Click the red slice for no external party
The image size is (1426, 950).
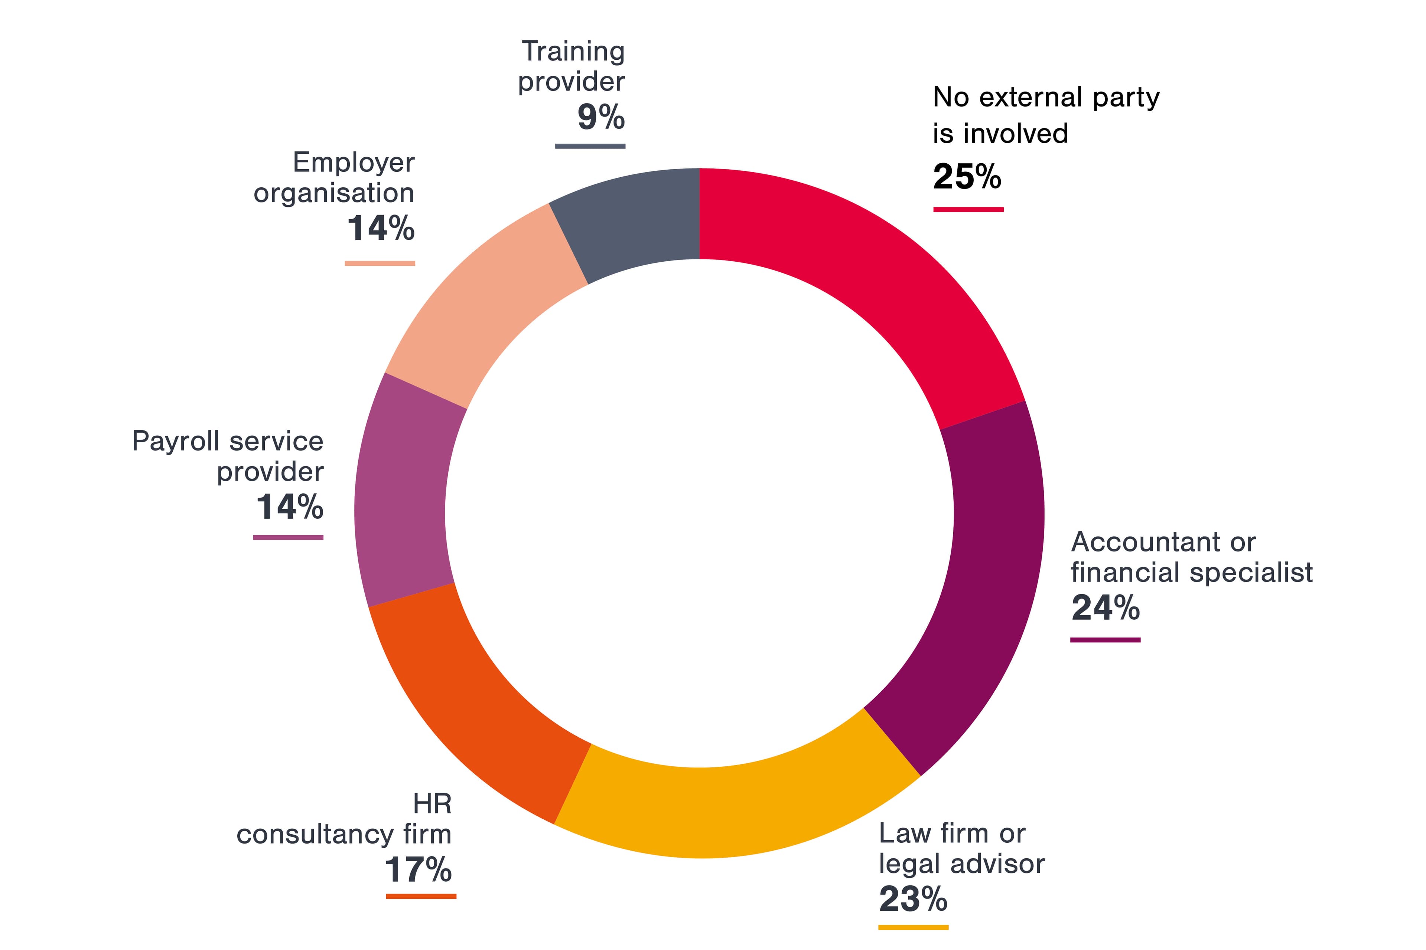(861, 266)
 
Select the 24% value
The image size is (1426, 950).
(1105, 608)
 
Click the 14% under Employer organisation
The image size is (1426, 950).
(381, 229)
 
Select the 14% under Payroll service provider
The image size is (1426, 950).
(289, 507)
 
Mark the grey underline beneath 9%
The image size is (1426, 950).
(590, 146)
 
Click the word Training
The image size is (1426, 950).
(573, 52)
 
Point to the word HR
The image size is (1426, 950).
(432, 805)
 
